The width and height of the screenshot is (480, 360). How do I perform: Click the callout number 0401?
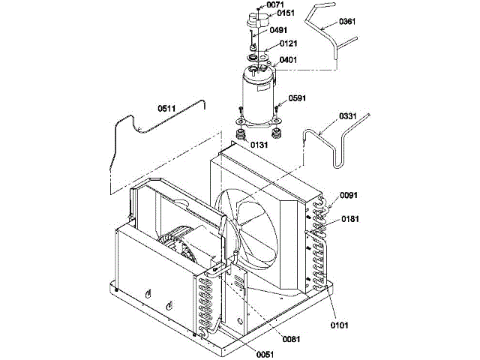click(x=289, y=60)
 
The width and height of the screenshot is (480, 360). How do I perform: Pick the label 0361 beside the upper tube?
click(x=346, y=22)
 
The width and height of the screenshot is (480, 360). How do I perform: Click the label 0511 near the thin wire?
click(x=167, y=108)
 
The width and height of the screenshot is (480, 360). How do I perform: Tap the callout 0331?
click(x=348, y=116)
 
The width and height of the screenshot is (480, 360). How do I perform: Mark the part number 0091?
click(x=349, y=196)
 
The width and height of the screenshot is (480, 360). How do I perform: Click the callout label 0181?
click(x=350, y=219)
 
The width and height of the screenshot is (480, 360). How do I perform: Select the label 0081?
click(x=292, y=339)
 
